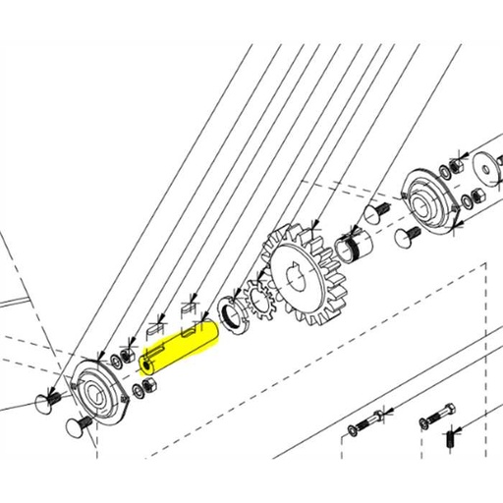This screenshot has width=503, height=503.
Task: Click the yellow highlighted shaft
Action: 182,348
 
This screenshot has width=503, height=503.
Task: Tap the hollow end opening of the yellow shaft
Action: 146,364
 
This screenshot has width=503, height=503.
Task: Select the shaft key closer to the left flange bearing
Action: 156,329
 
